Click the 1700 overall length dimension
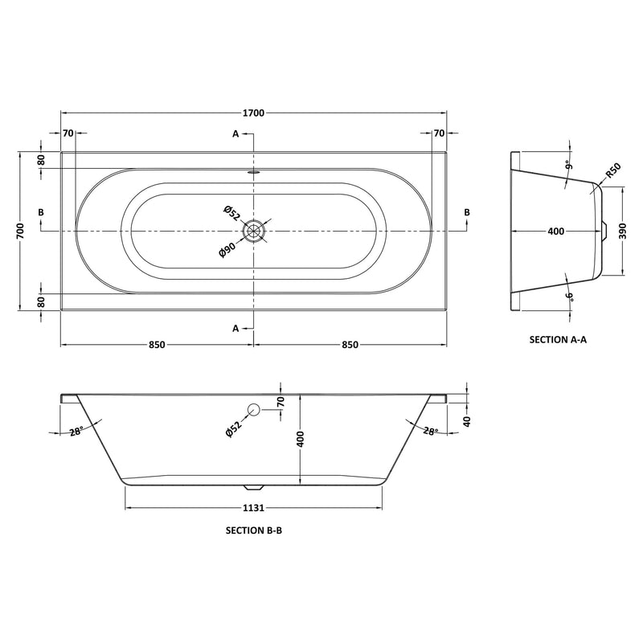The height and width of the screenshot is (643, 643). (x=254, y=113)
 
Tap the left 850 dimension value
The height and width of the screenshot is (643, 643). (x=157, y=345)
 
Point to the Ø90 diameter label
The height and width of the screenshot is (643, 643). (x=227, y=251)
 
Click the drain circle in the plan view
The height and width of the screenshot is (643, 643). (x=255, y=231)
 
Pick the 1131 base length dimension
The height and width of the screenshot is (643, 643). (x=254, y=508)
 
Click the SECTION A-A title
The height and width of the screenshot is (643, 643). (x=558, y=339)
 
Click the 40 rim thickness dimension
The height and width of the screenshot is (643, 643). (x=466, y=420)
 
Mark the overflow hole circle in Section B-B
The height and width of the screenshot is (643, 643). (x=254, y=409)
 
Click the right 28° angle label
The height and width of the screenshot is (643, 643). (x=431, y=432)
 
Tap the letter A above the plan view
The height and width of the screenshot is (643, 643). (x=235, y=133)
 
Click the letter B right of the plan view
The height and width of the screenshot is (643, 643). (x=465, y=211)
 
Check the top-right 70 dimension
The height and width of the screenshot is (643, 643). (x=439, y=133)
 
